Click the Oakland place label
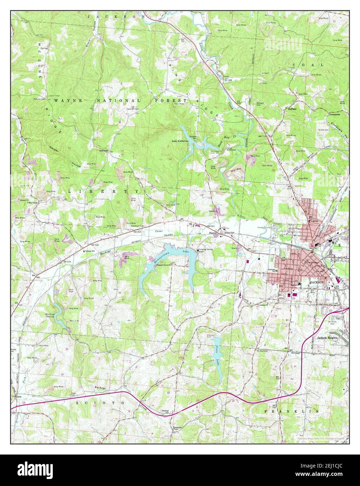click(103, 150)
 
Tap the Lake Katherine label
click(180, 141)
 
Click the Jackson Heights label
click(327, 338)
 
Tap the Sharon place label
click(213, 233)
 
